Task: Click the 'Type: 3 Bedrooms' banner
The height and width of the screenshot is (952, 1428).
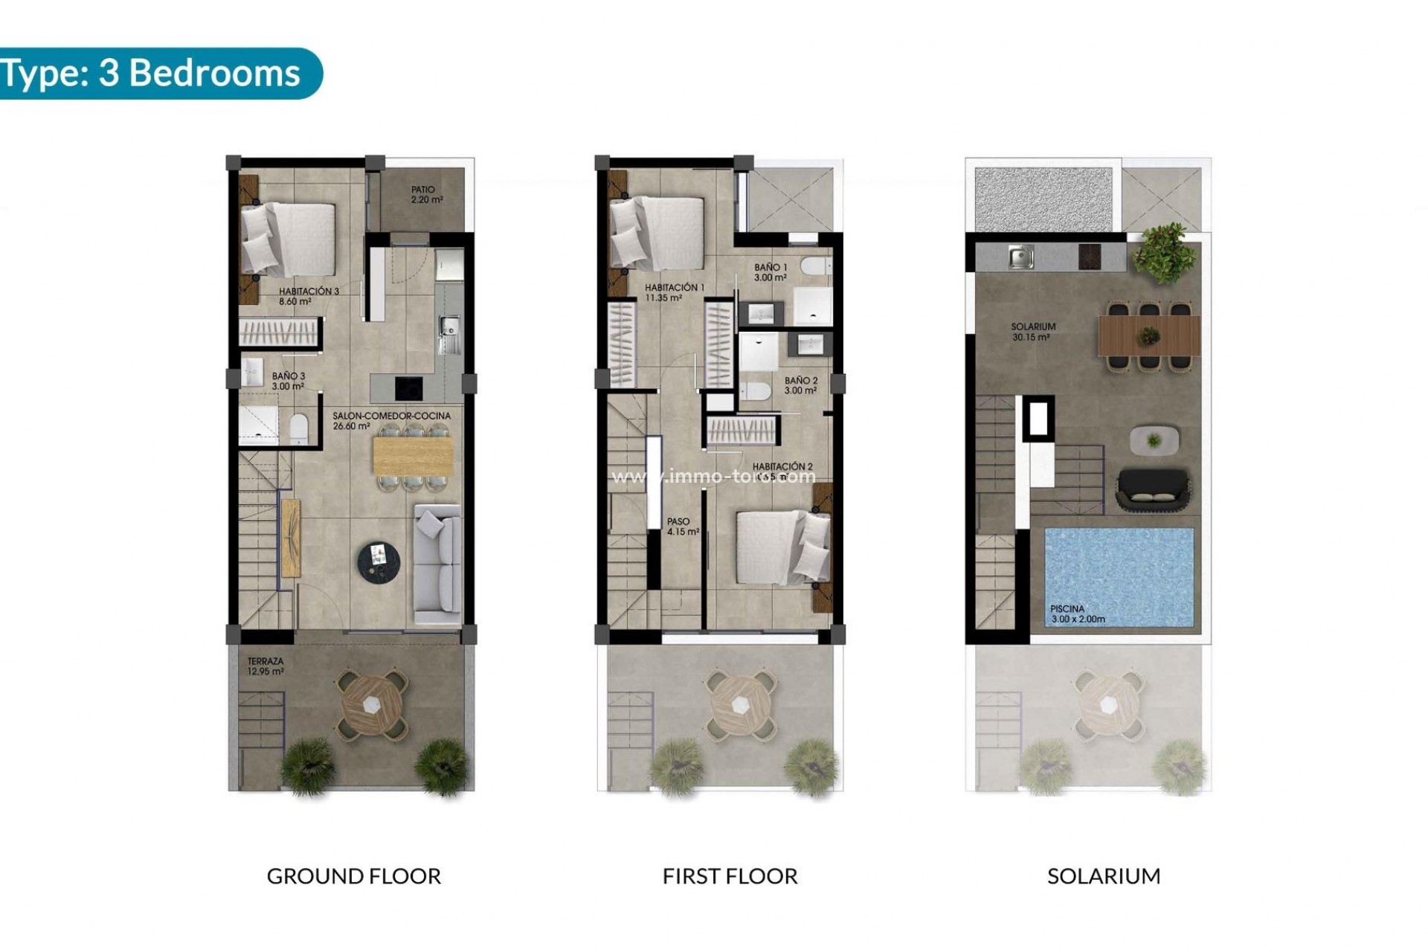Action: [152, 73]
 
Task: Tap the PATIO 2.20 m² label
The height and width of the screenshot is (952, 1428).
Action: [426, 195]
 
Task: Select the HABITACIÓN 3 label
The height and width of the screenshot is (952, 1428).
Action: [308, 296]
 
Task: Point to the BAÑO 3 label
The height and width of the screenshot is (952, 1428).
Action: [288, 381]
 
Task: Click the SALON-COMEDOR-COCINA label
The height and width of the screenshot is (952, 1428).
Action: [391, 421]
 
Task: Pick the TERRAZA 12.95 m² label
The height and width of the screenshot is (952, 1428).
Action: [266, 666]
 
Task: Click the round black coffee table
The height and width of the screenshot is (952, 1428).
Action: [379, 559]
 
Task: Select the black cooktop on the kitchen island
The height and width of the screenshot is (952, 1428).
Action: [408, 387]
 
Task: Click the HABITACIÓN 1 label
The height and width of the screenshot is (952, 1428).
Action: [674, 292]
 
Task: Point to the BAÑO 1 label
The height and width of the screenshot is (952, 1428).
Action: [770, 272]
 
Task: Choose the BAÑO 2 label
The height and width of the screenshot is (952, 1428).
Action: [800, 385]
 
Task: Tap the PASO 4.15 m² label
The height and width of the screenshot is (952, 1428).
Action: [682, 527]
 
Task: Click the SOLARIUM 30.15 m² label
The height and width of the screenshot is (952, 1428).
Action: [1032, 332]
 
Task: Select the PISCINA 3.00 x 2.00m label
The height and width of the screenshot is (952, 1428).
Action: [1077, 614]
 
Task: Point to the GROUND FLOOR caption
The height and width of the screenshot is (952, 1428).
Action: [354, 876]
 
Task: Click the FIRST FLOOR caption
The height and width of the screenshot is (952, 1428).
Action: [730, 876]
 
